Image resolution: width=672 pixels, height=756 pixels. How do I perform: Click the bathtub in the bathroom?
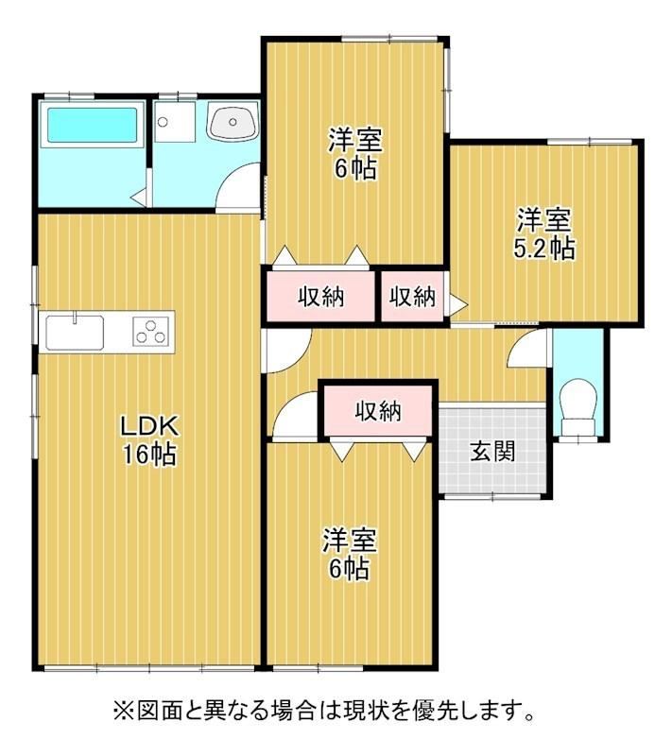coord(92,125)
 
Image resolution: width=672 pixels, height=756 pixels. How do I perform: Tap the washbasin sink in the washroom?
coord(233,121)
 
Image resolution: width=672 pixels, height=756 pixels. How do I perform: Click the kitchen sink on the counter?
coord(75,333)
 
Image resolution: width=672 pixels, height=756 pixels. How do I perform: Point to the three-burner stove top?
coord(151,332)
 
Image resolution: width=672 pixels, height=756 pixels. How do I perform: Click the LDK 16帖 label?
coord(149,439)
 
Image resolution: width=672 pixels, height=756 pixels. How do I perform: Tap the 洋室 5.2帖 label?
coord(544,233)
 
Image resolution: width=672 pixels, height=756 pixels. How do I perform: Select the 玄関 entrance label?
coord(492,452)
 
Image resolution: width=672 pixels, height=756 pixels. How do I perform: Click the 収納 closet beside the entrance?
coord(378,410)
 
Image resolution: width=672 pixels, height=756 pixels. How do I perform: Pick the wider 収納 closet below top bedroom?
coord(320,296)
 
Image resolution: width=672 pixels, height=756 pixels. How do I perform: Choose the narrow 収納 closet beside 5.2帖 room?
coord(413,296)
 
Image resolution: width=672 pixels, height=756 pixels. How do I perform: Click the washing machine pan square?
coord(176,122)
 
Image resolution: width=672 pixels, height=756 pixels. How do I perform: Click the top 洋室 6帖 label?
coord(355,154)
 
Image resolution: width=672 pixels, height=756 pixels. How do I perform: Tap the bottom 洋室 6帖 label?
coord(350,554)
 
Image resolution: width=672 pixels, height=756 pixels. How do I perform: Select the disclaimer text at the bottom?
coord(324,711)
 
